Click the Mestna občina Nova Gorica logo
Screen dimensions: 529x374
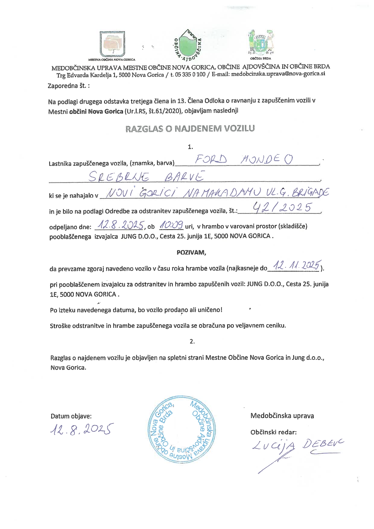coord(112,44)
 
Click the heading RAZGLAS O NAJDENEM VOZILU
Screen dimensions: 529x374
coord(190,128)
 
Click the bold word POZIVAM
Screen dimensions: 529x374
coord(191,252)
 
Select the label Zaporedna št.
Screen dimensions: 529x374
coord(68,86)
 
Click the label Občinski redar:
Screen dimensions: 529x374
coord(274,432)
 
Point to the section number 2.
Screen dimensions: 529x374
coord(192,341)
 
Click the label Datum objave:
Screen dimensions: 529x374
coord(71,416)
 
